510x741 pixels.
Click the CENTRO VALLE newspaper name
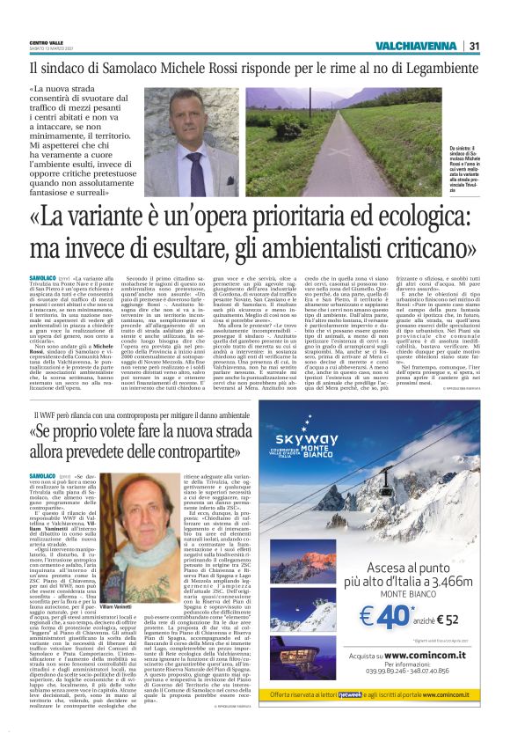pos(46,41)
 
